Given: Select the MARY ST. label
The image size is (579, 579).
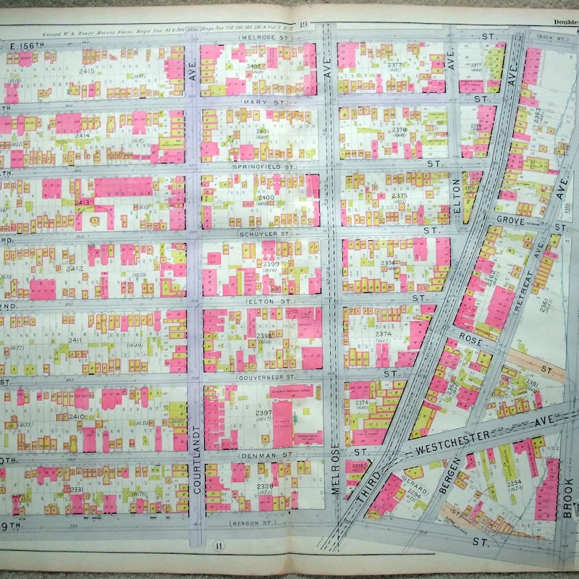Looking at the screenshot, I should tap(263, 103).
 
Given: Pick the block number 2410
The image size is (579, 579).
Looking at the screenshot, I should tap(76, 417).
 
